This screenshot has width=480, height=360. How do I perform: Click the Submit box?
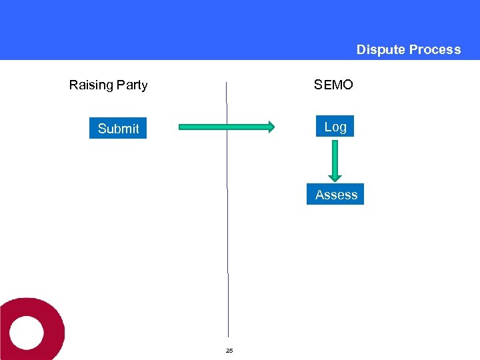pos(118,128)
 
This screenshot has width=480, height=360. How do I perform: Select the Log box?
pos(335,126)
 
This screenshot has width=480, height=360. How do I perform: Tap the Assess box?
pos(335,194)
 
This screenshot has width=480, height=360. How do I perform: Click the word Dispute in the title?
pos(381,49)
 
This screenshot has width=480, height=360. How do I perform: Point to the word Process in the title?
pos(435,49)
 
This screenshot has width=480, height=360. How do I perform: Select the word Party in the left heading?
pos(132,85)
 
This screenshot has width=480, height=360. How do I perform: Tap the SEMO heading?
pos(333,85)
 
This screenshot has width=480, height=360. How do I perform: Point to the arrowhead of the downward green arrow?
pos(335,177)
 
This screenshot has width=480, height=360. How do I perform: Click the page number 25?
pos(229,350)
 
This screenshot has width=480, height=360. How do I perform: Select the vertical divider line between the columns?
pos(227,233)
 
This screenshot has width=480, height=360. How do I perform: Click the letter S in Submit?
pos(102,129)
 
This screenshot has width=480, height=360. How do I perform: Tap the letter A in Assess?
pos(320,195)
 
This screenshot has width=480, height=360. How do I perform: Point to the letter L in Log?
pos(327,126)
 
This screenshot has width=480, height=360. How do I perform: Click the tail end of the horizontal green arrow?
pos(182,127)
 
